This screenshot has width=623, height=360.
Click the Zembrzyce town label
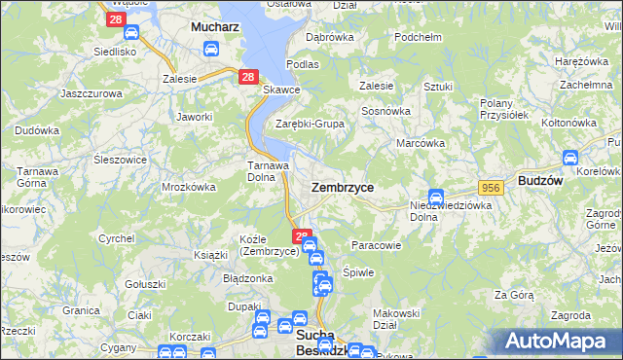[x=342, y=186]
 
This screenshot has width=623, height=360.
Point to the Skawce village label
[x=281, y=90]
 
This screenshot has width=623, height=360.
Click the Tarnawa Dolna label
[x=266, y=171]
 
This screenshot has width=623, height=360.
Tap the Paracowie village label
[x=376, y=245]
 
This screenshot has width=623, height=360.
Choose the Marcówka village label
[x=421, y=143]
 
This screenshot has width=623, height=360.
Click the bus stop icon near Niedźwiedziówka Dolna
[x=436, y=196]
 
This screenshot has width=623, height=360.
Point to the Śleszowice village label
[x=120, y=159]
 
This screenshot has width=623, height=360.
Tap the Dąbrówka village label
[x=329, y=37]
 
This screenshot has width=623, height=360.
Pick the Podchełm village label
[x=419, y=37]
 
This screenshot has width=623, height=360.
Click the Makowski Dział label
[x=396, y=319]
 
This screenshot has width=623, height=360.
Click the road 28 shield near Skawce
[x=247, y=77]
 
